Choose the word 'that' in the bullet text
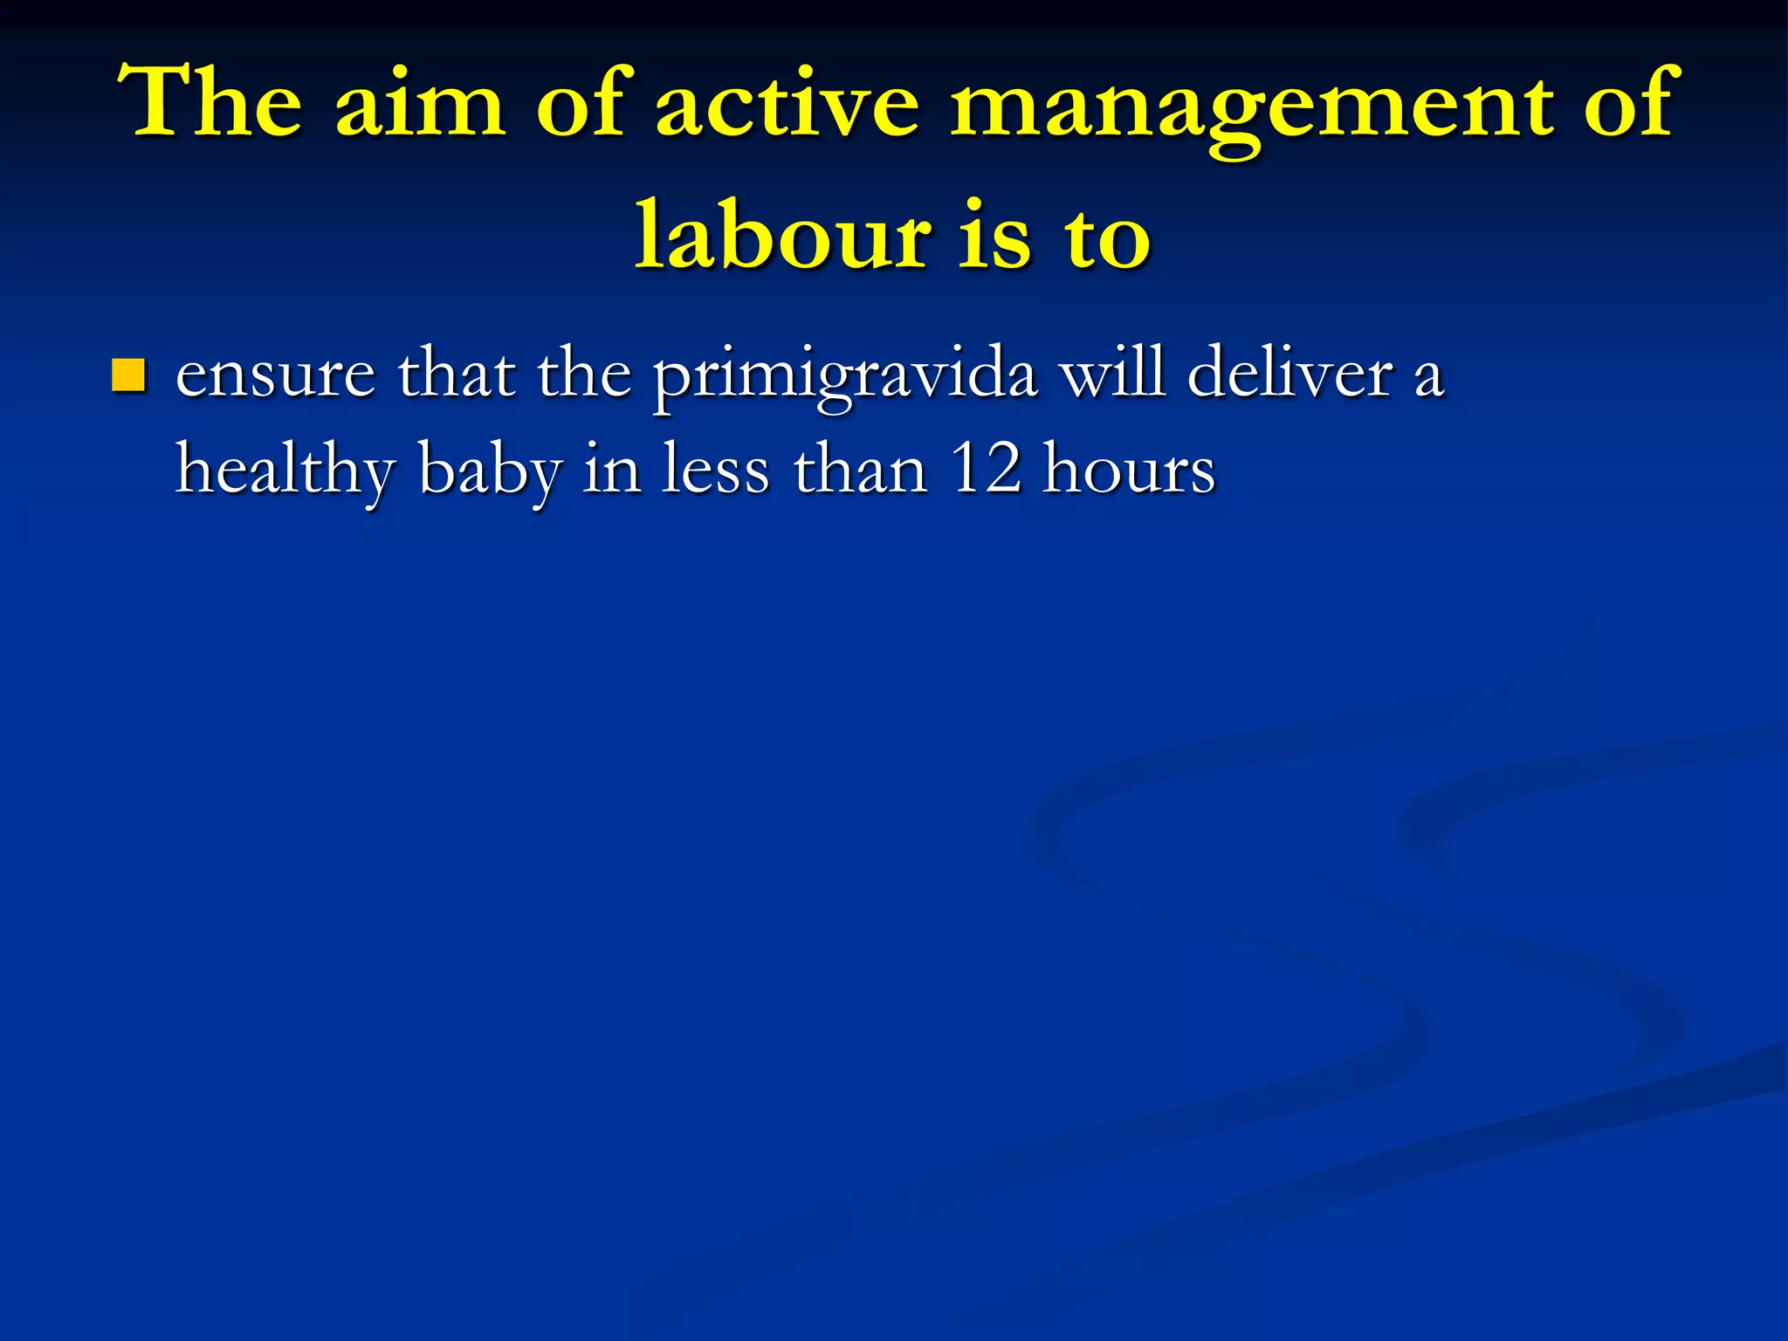point(456,374)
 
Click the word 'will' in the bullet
point(1111,374)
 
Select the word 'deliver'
point(1289,374)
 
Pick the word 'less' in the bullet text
point(715,470)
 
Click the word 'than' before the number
point(860,470)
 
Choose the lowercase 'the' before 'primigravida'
point(584,374)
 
